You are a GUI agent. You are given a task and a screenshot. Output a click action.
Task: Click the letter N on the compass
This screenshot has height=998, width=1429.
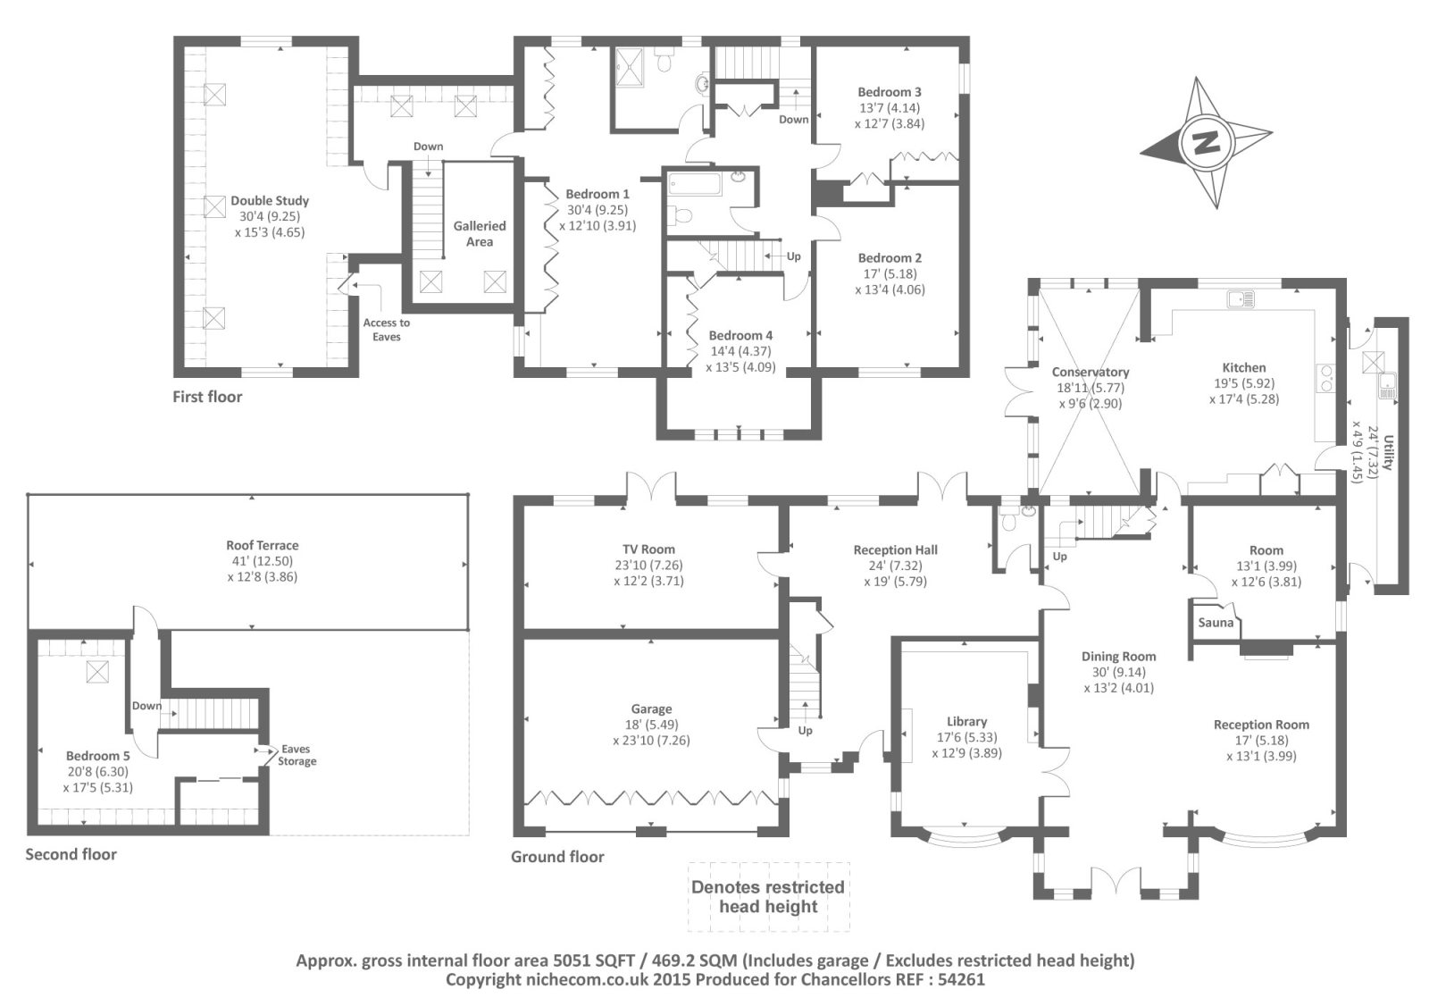(1207, 143)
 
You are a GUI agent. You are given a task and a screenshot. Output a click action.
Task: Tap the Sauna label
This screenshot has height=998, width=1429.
(1216, 623)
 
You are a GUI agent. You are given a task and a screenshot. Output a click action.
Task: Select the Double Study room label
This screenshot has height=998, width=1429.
(270, 201)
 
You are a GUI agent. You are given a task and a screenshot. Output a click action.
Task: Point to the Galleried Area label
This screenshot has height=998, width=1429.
(480, 234)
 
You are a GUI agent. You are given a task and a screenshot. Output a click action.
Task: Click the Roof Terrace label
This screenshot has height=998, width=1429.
(263, 545)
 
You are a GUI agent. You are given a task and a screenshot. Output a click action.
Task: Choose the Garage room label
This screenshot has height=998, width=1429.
(651, 709)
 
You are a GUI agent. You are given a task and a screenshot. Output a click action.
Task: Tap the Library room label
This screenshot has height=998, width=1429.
(966, 721)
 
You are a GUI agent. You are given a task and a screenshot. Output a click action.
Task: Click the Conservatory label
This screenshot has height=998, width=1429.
(1091, 372)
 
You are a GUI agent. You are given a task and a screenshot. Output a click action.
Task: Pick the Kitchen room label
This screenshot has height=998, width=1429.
(1244, 367)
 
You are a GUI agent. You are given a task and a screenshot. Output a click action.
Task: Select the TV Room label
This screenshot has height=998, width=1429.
(649, 549)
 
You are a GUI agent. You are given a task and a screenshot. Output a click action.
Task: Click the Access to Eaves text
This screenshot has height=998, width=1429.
(387, 330)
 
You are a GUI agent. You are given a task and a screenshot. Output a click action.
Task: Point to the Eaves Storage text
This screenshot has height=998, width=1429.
(297, 756)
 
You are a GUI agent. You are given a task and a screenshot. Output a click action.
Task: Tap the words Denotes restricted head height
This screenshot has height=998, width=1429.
(768, 896)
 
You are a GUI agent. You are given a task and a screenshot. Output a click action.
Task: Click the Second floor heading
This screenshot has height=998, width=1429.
(71, 854)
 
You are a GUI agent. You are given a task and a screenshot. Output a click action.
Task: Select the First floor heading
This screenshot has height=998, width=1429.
(207, 397)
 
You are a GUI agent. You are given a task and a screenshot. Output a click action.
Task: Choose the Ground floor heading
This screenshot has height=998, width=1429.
(557, 857)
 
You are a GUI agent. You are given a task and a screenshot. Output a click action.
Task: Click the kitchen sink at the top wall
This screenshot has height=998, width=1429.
(1241, 299)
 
